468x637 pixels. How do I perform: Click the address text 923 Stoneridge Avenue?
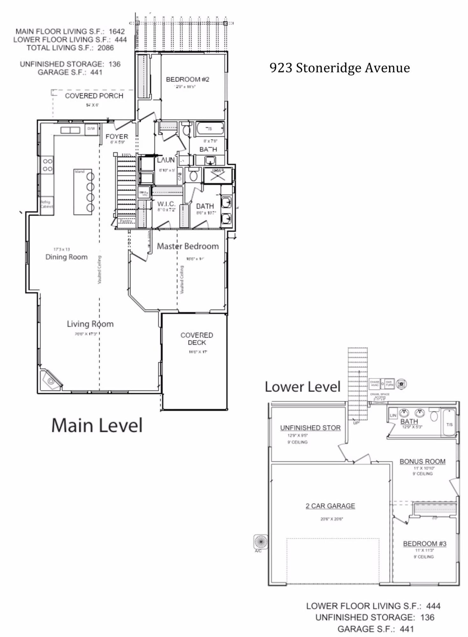(340, 68)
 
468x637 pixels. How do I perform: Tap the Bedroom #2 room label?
(187, 79)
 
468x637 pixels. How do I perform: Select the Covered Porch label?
(94, 96)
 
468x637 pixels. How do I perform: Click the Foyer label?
(117, 136)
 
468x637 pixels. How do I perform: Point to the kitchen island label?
(80, 172)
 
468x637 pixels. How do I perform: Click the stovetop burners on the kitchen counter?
(47, 165)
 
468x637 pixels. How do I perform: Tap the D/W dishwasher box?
(91, 129)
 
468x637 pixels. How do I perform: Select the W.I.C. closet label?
(166, 204)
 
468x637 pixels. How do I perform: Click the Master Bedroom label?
(188, 246)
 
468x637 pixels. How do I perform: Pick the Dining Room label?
(66, 257)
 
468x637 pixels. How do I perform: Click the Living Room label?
(90, 324)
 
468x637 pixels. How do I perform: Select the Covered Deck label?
(197, 339)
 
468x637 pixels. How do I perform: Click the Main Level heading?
(97, 426)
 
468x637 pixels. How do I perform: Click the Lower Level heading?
(303, 387)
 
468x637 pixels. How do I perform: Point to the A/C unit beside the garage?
(261, 541)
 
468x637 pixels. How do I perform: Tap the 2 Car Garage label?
(330, 506)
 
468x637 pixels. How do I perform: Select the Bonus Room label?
(422, 462)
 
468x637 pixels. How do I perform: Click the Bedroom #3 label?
(424, 544)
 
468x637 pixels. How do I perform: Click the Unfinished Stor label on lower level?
(310, 428)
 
